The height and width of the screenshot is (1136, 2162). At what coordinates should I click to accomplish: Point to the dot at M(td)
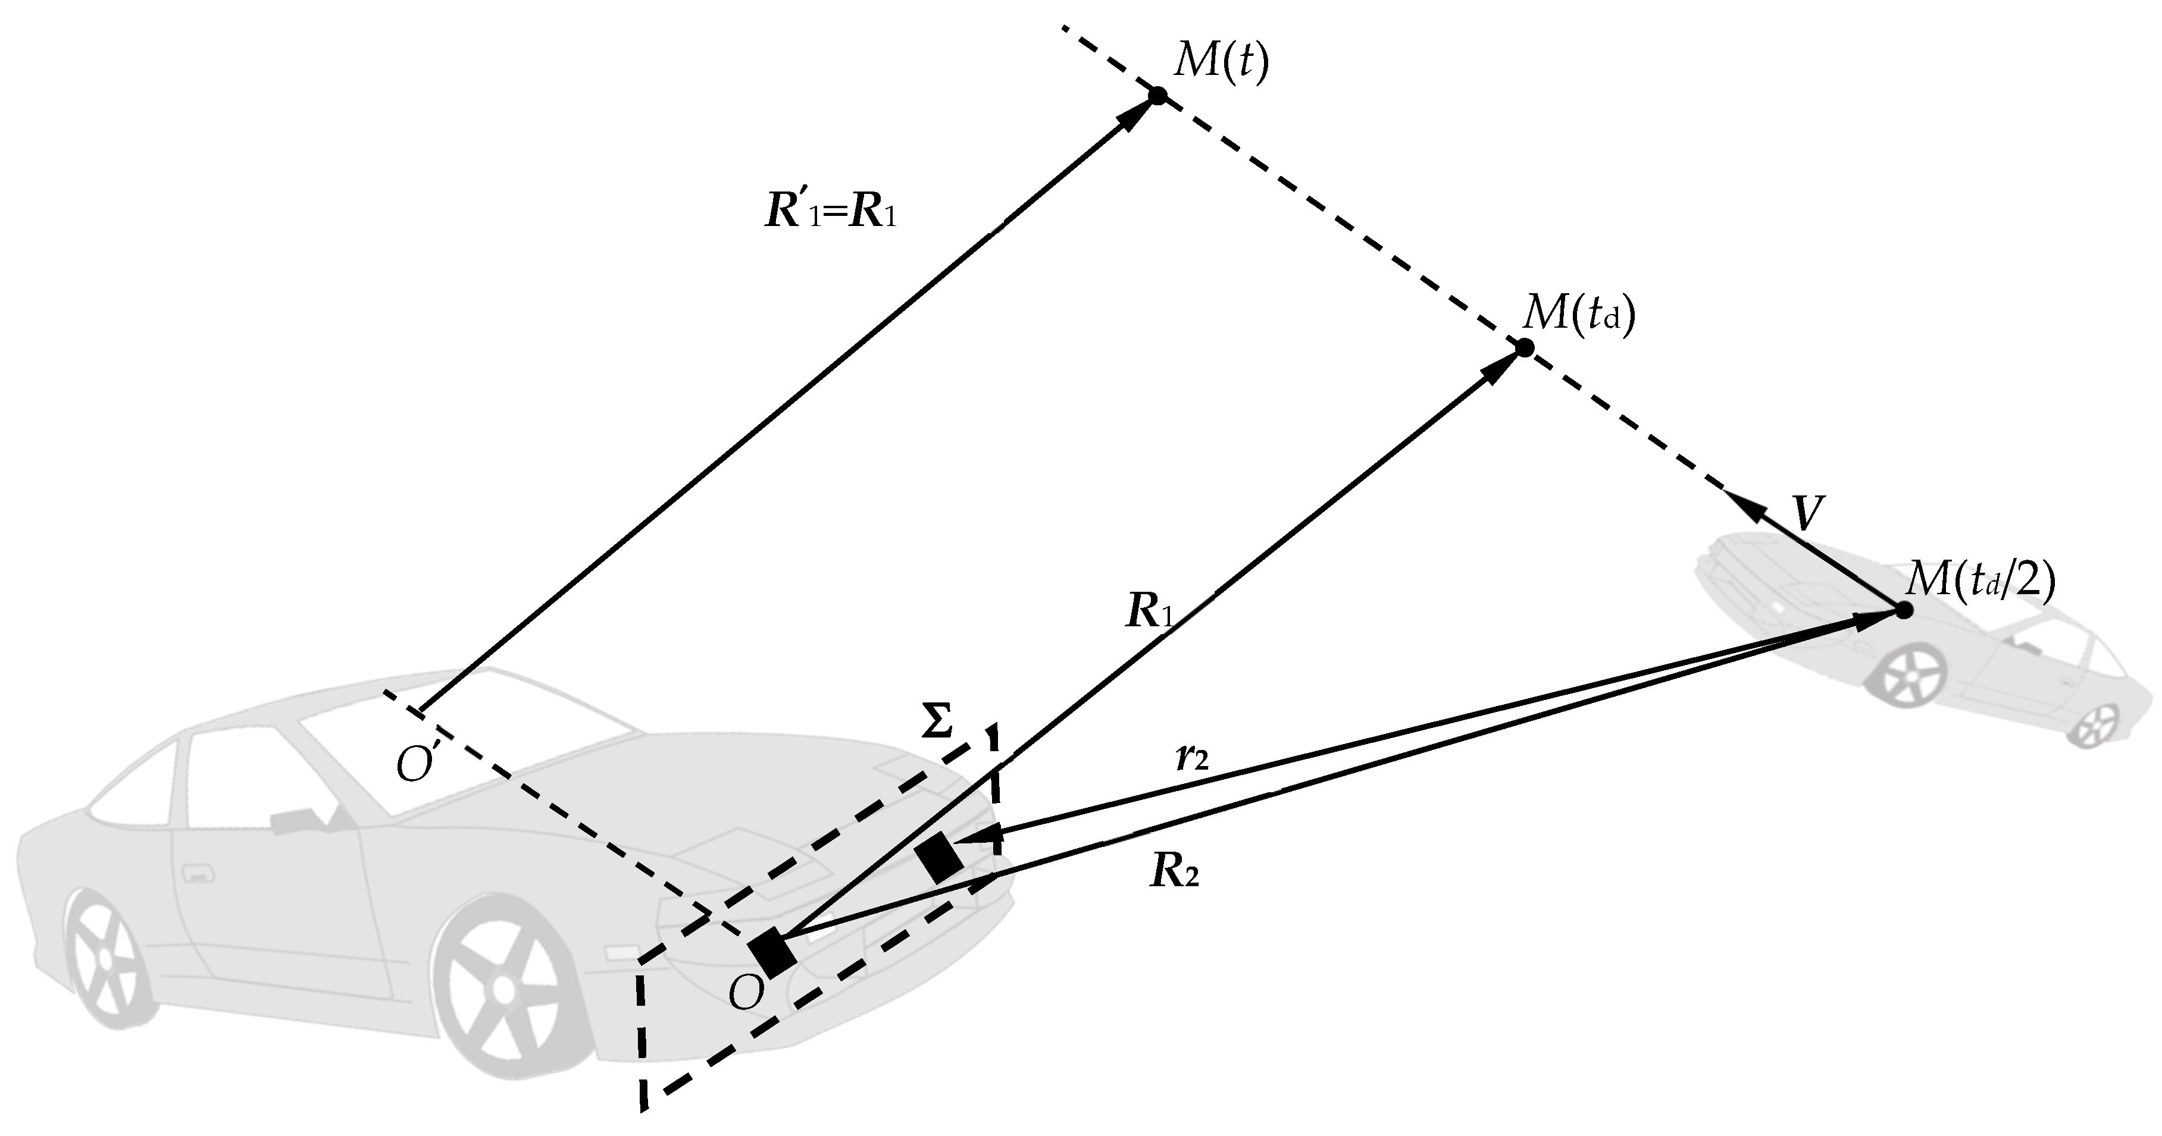(x=1525, y=347)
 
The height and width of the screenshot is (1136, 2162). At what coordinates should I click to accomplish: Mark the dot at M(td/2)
(x=1904, y=610)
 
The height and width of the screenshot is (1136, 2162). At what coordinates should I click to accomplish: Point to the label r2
(x=1192, y=758)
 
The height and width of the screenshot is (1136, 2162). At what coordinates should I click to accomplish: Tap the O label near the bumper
(x=746, y=993)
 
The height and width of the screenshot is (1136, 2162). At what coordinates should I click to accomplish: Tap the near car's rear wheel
(x=104, y=958)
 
